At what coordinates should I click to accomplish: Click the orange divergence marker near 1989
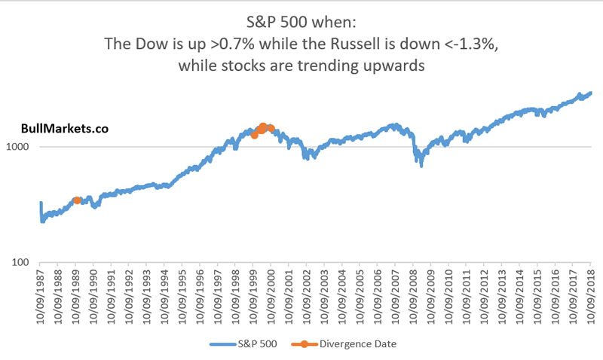coord(77,200)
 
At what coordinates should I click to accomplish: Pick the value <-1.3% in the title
coord(467,45)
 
